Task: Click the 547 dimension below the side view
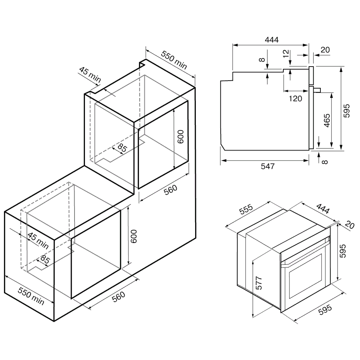coord(267,166)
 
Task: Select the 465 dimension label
coord(327,120)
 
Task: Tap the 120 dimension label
coord(295,99)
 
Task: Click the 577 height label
coord(259,283)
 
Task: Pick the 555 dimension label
coord(246,209)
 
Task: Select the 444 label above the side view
coord(271,40)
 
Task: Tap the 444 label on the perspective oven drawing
coord(323,209)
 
